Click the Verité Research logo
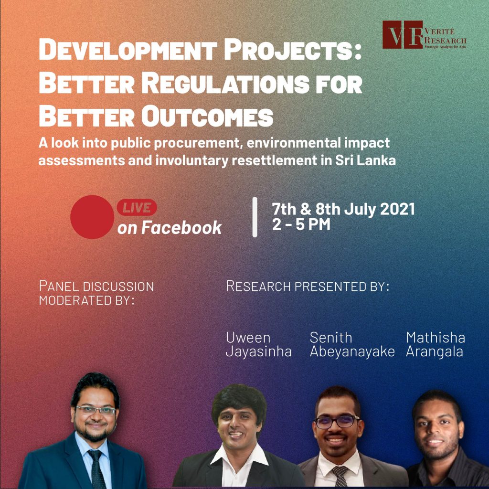pos(425,34)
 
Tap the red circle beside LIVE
pos(92,217)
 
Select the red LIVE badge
pos(137,208)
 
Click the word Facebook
pos(181,228)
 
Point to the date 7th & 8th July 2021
pos(343,209)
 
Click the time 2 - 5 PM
pos(301,224)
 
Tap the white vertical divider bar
pos(255,217)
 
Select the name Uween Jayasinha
pos(258,345)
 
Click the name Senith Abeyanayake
pos(352,345)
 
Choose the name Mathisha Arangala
pos(436,345)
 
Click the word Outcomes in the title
pos(207,117)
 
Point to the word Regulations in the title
pos(225,83)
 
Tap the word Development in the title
pos(128,49)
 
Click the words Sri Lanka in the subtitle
pos(365,160)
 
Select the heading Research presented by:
pos(308,287)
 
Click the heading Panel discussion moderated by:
pos(96,293)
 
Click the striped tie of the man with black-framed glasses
pos(340,476)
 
